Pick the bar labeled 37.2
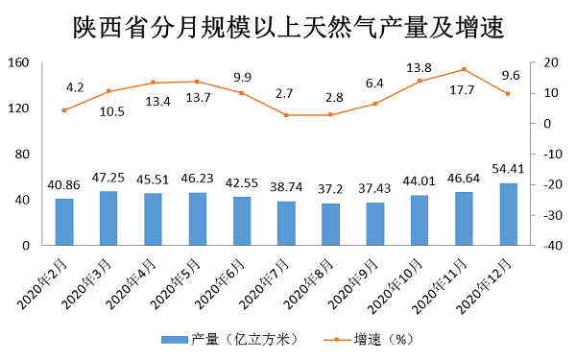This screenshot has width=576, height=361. pyautogui.click(x=330, y=225)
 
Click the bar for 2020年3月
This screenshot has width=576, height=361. pyautogui.click(x=108, y=218)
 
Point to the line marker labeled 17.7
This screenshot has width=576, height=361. pyautogui.click(x=464, y=69)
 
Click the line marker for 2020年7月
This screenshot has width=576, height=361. pyautogui.click(x=286, y=115)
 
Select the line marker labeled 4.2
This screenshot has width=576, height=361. pyautogui.click(x=64, y=110)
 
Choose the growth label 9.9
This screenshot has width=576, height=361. pyautogui.click(x=241, y=77)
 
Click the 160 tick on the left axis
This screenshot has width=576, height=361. pyautogui.click(x=20, y=63)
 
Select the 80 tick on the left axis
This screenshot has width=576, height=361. pyautogui.click(x=24, y=155)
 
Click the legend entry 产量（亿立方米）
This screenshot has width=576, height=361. pyautogui.click(x=230, y=339)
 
